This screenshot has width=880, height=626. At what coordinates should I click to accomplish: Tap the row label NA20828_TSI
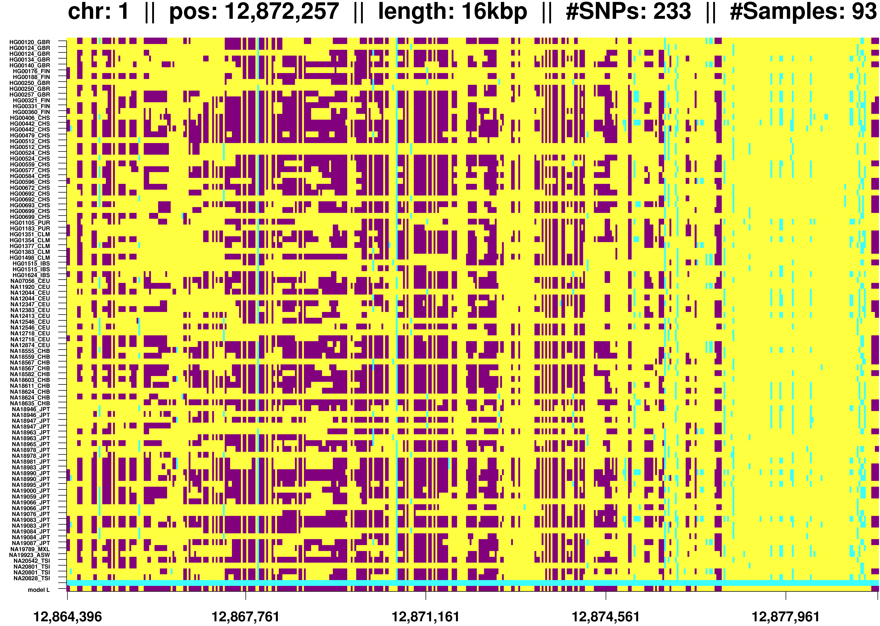point(32,578)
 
